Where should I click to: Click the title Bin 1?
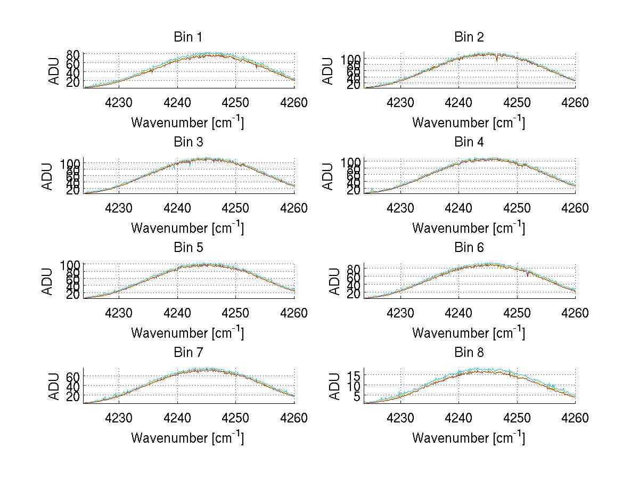click(x=188, y=37)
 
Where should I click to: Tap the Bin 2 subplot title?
click(x=469, y=37)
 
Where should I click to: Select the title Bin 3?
click(x=188, y=142)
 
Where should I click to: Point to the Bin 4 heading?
click(x=469, y=142)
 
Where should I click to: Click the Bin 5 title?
click(x=188, y=248)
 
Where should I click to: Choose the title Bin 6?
click(x=469, y=248)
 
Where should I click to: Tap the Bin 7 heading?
click(x=188, y=353)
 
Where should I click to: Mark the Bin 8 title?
click(x=469, y=353)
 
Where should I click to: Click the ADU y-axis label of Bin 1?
click(x=54, y=71)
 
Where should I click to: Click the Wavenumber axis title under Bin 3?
click(x=188, y=228)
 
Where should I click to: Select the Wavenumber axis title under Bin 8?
click(x=469, y=438)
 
